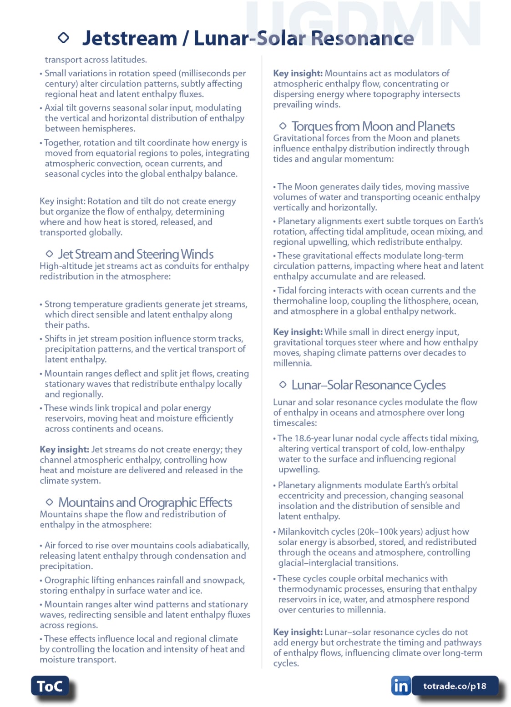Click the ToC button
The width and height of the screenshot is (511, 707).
pyautogui.click(x=50, y=686)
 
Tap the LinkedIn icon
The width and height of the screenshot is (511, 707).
pyautogui.click(x=400, y=686)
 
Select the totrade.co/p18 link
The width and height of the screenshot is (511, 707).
pyautogui.click(x=455, y=686)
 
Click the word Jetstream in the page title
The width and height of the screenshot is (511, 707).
pyautogui.click(x=129, y=38)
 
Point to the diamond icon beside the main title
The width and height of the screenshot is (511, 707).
pyautogui.click(x=64, y=38)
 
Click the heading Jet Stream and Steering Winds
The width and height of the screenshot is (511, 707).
pyautogui.click(x=136, y=254)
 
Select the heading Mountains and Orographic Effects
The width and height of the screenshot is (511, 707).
pyautogui.click(x=145, y=502)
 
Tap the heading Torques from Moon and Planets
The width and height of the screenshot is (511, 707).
pyautogui.click(x=373, y=126)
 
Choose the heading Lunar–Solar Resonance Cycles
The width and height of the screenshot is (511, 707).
pyautogui.click(x=369, y=385)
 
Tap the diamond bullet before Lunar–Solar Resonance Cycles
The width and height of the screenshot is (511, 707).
pyautogui.click(x=283, y=385)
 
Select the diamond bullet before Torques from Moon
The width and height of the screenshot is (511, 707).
pyautogui.click(x=283, y=126)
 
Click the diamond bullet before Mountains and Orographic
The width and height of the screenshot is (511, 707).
pyautogui.click(x=50, y=502)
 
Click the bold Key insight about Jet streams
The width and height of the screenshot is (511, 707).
pyautogui.click(x=64, y=450)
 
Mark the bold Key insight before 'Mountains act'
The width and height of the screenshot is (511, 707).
pyautogui.click(x=298, y=73)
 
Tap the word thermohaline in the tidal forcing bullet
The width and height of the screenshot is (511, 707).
pyautogui.click(x=298, y=301)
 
